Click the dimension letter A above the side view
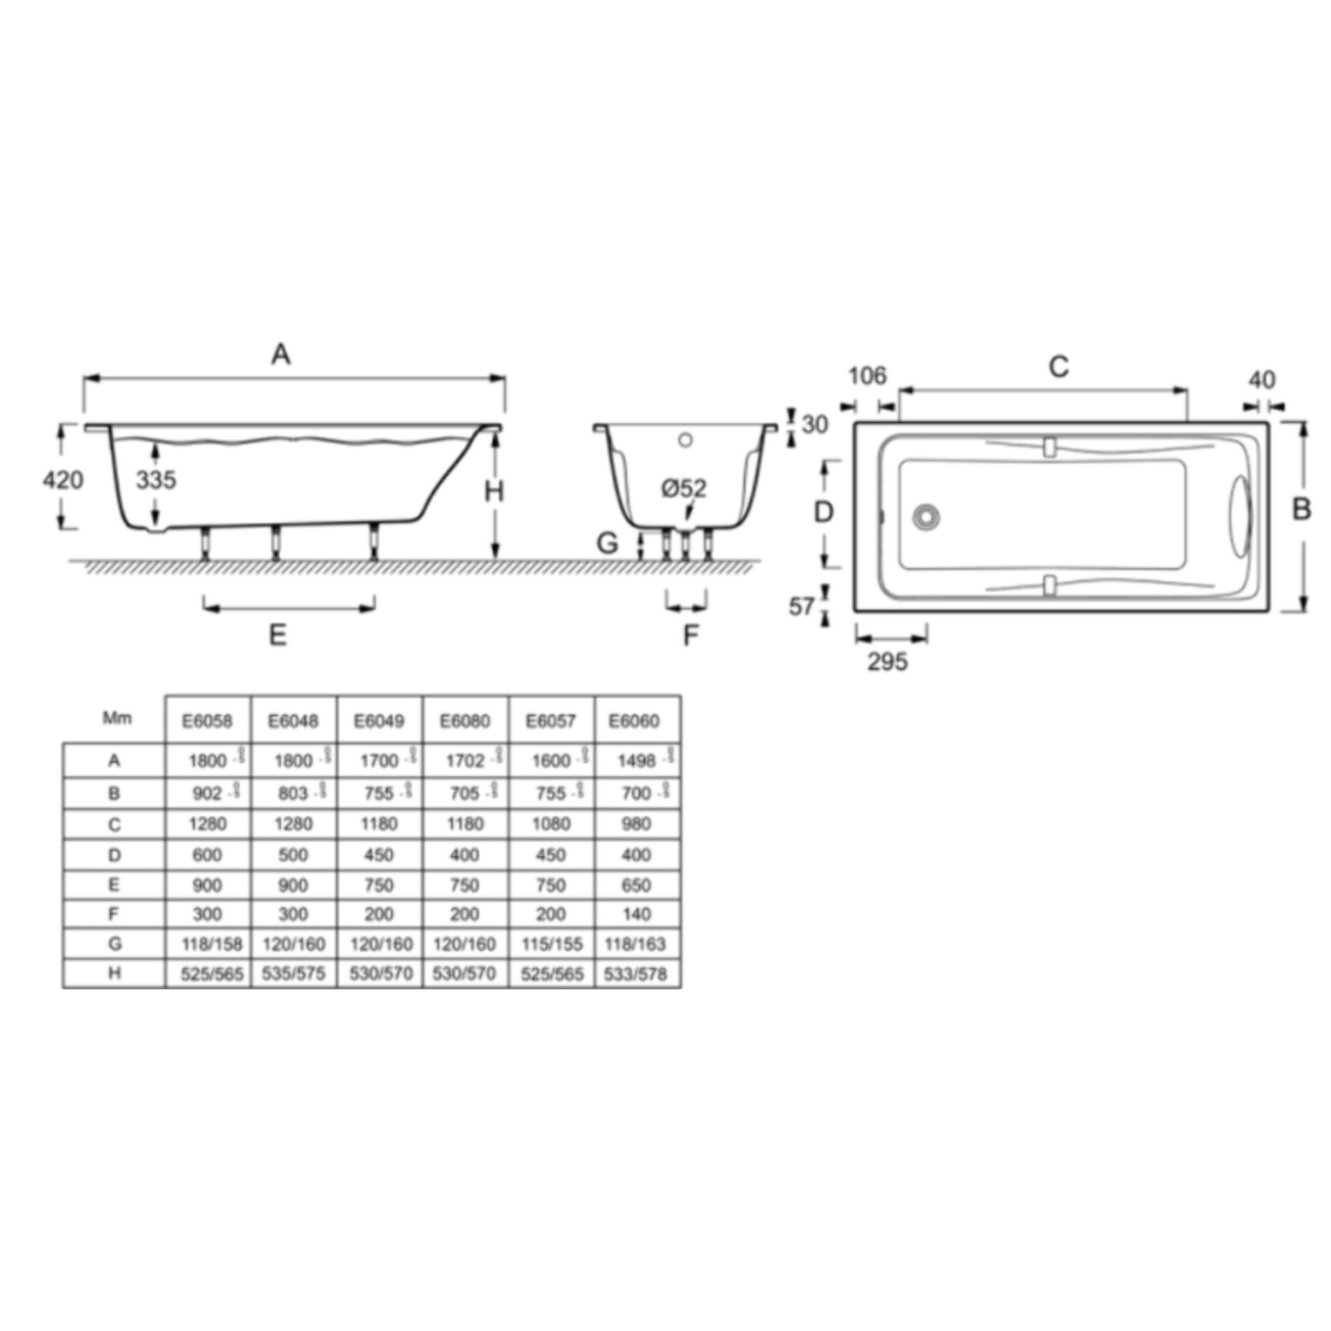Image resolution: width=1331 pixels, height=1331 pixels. tap(280, 355)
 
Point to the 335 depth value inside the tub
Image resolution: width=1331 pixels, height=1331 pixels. tap(156, 480)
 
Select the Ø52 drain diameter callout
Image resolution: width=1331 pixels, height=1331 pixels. tap(684, 489)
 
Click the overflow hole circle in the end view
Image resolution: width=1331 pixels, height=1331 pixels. tap(685, 439)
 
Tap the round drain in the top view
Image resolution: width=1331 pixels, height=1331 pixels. tap(925, 517)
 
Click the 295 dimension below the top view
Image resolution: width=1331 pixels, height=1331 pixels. tap(887, 662)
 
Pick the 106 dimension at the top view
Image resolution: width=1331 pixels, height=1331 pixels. tap(867, 376)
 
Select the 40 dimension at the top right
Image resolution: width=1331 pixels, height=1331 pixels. tap(1261, 380)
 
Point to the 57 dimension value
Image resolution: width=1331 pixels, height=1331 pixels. tap(801, 606)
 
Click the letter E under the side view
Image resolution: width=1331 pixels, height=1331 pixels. tap(277, 634)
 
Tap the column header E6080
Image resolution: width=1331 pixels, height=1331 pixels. tap(465, 721)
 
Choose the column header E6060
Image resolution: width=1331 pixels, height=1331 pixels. tap(634, 721)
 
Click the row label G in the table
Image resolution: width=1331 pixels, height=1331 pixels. tap(114, 944)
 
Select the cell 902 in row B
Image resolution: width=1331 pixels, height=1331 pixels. tap(207, 794)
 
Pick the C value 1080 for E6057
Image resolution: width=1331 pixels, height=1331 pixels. tap(551, 824)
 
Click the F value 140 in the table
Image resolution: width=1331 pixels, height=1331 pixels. tap(636, 914)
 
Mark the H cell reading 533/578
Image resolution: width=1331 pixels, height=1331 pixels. tap(635, 974)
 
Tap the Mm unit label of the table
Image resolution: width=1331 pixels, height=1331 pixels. tap(116, 718)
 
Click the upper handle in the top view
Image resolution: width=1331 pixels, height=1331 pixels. tap(1049, 447)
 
